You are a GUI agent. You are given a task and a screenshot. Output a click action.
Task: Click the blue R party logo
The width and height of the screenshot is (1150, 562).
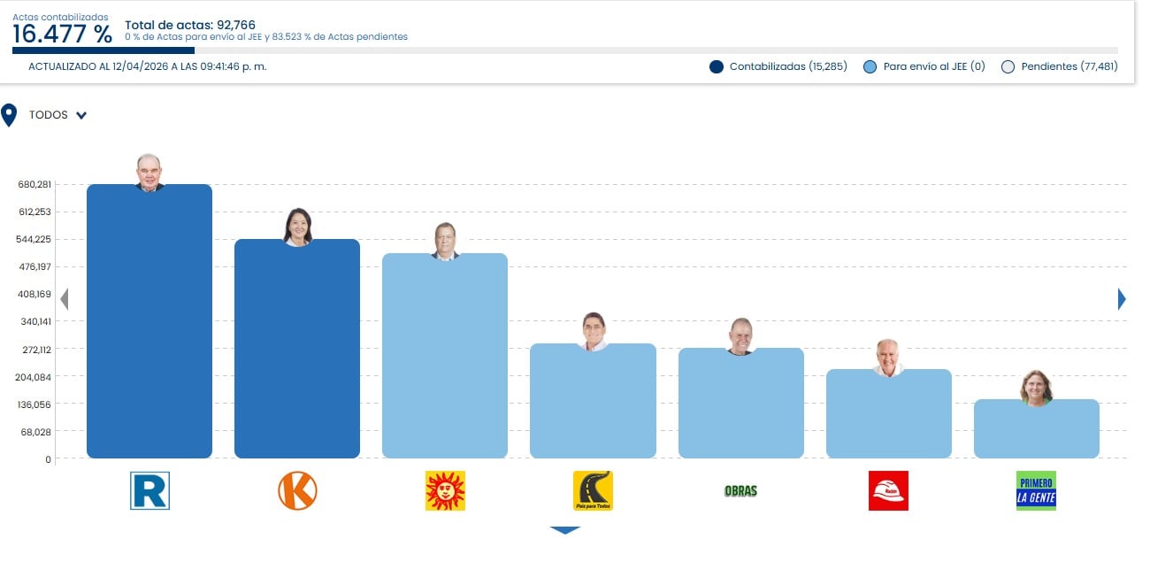click(x=149, y=490)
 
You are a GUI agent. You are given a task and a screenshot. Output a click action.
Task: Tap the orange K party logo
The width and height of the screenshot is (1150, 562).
click(x=297, y=490)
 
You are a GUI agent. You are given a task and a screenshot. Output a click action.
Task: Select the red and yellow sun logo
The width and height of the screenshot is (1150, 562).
click(x=445, y=490)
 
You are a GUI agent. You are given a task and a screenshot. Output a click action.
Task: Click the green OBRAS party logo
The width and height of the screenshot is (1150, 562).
click(x=740, y=490)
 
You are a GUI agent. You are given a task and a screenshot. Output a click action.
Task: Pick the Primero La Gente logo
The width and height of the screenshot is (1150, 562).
click(x=1036, y=490)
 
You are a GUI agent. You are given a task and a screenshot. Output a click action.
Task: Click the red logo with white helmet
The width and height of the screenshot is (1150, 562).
click(x=888, y=490)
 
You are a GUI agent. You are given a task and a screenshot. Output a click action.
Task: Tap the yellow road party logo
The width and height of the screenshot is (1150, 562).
click(x=593, y=490)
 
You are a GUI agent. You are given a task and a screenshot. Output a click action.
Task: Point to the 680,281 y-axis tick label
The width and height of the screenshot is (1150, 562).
click(x=34, y=184)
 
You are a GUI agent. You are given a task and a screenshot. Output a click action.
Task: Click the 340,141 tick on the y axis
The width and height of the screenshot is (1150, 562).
click(x=34, y=322)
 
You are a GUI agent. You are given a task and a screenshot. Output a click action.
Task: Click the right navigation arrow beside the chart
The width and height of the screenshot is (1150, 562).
click(x=1122, y=299)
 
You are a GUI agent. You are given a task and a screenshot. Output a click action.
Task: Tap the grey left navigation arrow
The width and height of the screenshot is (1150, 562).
click(x=64, y=299)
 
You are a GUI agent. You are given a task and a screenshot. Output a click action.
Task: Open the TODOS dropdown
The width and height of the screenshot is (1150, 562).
click(x=57, y=115)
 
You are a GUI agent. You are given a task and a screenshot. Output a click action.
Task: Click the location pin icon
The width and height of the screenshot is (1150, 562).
click(x=10, y=115)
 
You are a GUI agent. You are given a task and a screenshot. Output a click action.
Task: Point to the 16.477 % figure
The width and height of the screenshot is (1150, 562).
click(x=62, y=35)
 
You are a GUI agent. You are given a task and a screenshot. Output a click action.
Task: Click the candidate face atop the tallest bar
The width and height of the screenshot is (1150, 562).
click(x=149, y=172)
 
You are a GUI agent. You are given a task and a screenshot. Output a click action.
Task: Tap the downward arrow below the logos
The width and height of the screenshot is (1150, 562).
click(x=564, y=530)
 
